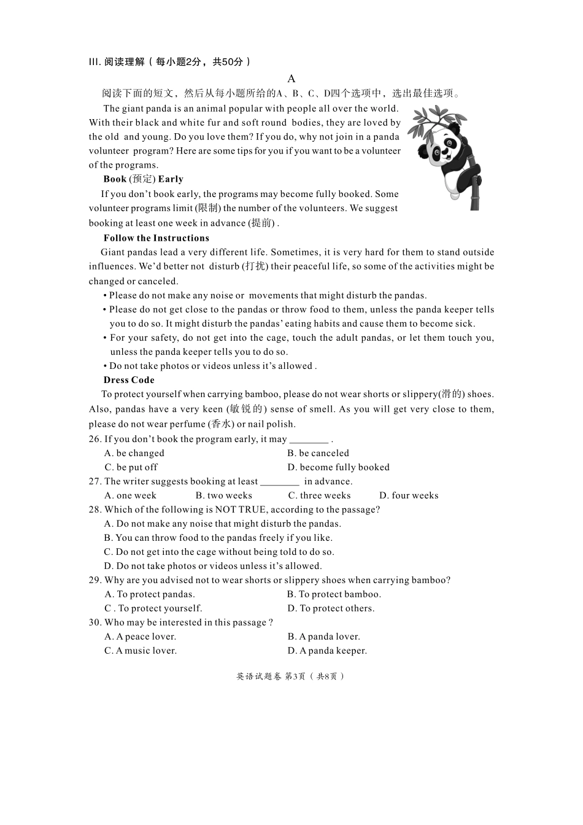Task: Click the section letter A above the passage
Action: [291, 79]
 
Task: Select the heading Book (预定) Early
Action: [143, 179]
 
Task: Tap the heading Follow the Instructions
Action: [156, 238]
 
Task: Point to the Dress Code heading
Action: [129, 380]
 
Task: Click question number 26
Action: [95, 439]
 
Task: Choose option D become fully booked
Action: [338, 467]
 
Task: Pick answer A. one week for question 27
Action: [130, 495]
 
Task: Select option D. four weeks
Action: [409, 495]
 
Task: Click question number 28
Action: [95, 509]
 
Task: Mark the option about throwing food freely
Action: [218, 538]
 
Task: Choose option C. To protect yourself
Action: [153, 608]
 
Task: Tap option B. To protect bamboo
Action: [334, 594]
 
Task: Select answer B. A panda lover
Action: [323, 637]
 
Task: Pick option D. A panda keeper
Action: [327, 651]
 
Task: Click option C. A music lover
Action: [140, 651]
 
